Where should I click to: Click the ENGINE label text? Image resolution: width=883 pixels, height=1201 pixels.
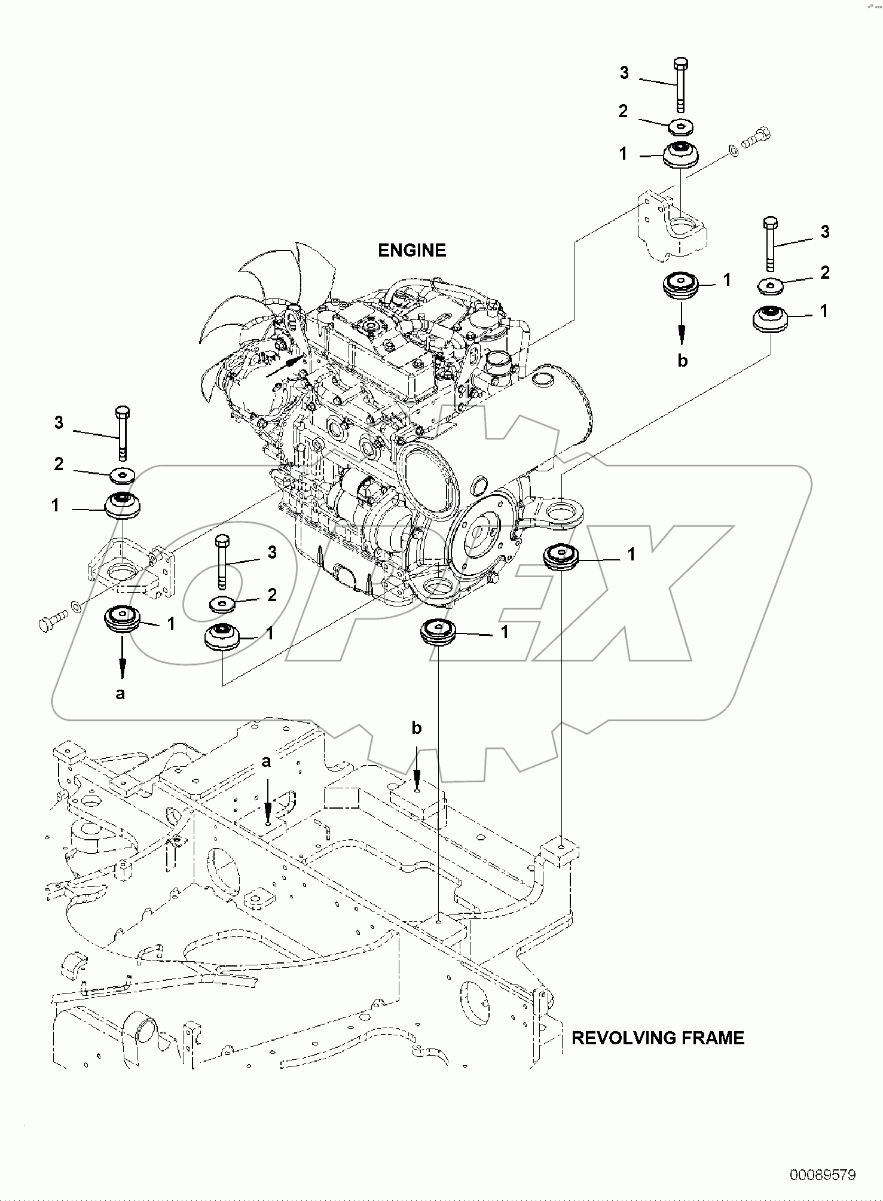coord(412,250)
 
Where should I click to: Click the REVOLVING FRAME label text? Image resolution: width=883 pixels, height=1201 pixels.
coord(658,1038)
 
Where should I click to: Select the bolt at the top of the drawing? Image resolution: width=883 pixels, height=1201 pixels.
coord(681,84)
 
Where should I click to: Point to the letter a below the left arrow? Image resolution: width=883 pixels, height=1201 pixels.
coord(120,694)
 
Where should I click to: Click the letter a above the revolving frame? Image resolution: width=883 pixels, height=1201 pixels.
coord(267,761)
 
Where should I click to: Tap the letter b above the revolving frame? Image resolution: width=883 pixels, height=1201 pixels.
coord(417,728)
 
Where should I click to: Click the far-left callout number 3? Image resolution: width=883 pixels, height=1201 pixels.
coord(59,423)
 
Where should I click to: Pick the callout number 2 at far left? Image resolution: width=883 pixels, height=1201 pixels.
coord(59,464)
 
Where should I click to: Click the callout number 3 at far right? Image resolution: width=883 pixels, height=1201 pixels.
coord(825,232)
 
